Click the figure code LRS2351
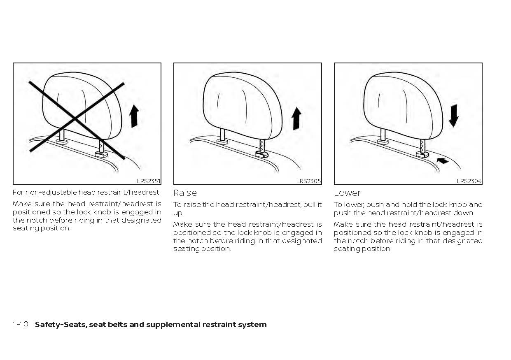coord(149,181)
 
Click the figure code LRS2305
coord(309,181)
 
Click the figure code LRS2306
coord(469,181)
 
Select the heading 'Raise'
coord(185,193)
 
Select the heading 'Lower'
coord(347,193)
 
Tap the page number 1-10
coord(20,325)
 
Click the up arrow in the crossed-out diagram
coord(134,116)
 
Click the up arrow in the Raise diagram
coord(296,118)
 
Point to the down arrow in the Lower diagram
coord(453,116)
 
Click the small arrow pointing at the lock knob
coord(443,161)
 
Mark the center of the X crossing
coord(75,119)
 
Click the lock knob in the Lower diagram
coord(422,154)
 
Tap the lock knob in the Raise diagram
coord(262,154)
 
